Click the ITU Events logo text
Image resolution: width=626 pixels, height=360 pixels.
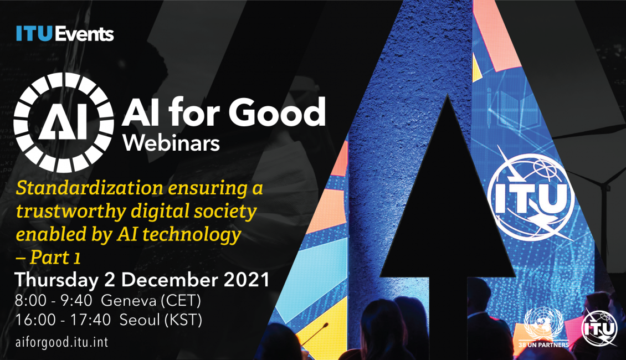click(x=65, y=34)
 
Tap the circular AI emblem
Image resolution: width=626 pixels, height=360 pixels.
click(x=63, y=122)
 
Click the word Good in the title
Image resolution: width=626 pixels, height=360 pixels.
click(x=277, y=112)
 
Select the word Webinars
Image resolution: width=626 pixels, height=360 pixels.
click(x=171, y=143)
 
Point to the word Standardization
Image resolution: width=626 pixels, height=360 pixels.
click(x=89, y=188)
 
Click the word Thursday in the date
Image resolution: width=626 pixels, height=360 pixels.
click(x=57, y=280)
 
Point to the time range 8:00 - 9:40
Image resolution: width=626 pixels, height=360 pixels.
click(x=54, y=301)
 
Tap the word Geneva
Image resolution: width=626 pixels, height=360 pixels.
click(x=129, y=301)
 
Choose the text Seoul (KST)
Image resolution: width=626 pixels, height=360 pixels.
click(x=161, y=320)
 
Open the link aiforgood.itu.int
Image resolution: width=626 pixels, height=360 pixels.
click(x=61, y=342)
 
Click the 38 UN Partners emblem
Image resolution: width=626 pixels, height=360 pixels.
click(x=543, y=327)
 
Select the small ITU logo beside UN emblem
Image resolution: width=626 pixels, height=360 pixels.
click(x=599, y=328)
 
